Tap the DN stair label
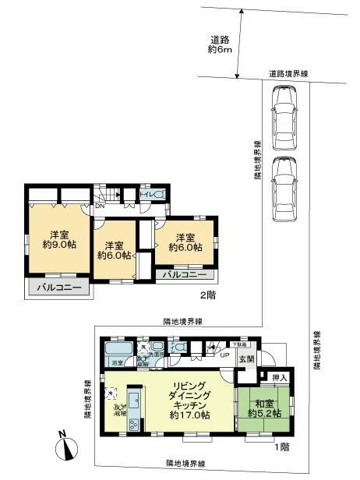[x=100, y=208]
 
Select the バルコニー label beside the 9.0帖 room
[x=58, y=288]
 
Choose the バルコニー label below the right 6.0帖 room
[x=185, y=274]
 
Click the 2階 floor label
[x=207, y=295]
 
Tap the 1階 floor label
[x=280, y=447]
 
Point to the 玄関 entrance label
[x=246, y=358]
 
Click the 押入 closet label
[x=281, y=378]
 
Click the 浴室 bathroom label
[x=117, y=363]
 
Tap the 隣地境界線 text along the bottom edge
[x=185, y=464]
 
